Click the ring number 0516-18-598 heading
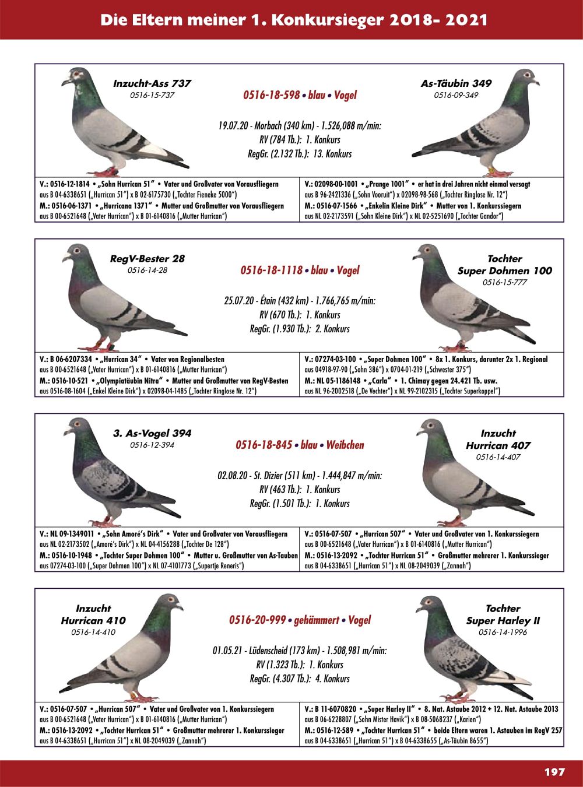[x=272, y=95]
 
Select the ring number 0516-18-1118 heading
[x=271, y=270]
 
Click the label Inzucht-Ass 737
[x=152, y=83]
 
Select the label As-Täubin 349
[x=456, y=83]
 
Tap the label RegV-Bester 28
[x=147, y=258]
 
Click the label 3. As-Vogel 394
[x=152, y=433]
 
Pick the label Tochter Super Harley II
[x=503, y=614]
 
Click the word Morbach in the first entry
[x=259, y=125]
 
